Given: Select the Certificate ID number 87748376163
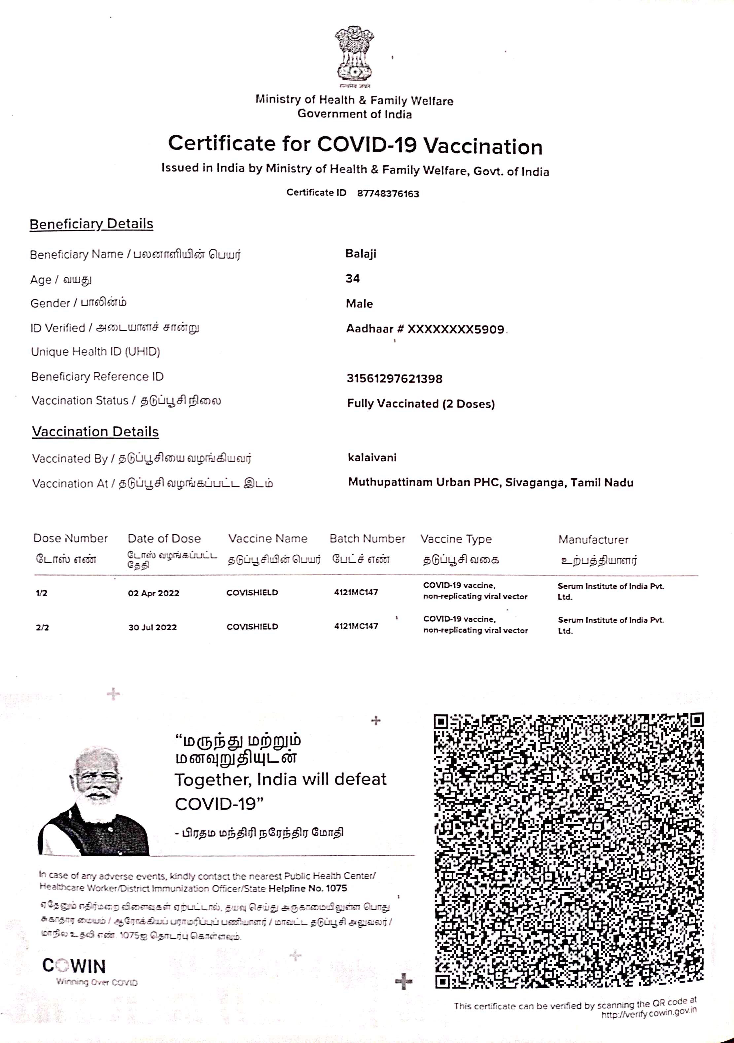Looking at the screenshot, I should pos(388,193).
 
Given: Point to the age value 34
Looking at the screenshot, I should pos(352,278).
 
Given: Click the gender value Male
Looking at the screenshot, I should pos(359,303).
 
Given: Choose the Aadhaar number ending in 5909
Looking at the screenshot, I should pos(425,329).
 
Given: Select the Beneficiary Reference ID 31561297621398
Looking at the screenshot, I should pos(394,378).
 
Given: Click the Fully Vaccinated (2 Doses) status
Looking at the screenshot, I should pos(421,403).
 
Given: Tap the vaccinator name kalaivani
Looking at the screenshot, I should pos(372,458).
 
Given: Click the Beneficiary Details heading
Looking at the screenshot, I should pos(91,224).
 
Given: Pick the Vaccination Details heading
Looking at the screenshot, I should pos(95,432).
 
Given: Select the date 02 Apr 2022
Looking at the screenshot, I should pos(154,593).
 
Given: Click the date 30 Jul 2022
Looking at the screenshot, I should pos(153,627).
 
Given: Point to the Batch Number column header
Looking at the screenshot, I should pos(367,539).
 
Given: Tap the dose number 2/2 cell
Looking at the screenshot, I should pos(42,627).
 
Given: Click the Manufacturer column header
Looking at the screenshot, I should pos(593,540).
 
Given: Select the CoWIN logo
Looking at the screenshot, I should pos(74,966).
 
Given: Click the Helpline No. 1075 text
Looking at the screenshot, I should pos(307,888).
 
